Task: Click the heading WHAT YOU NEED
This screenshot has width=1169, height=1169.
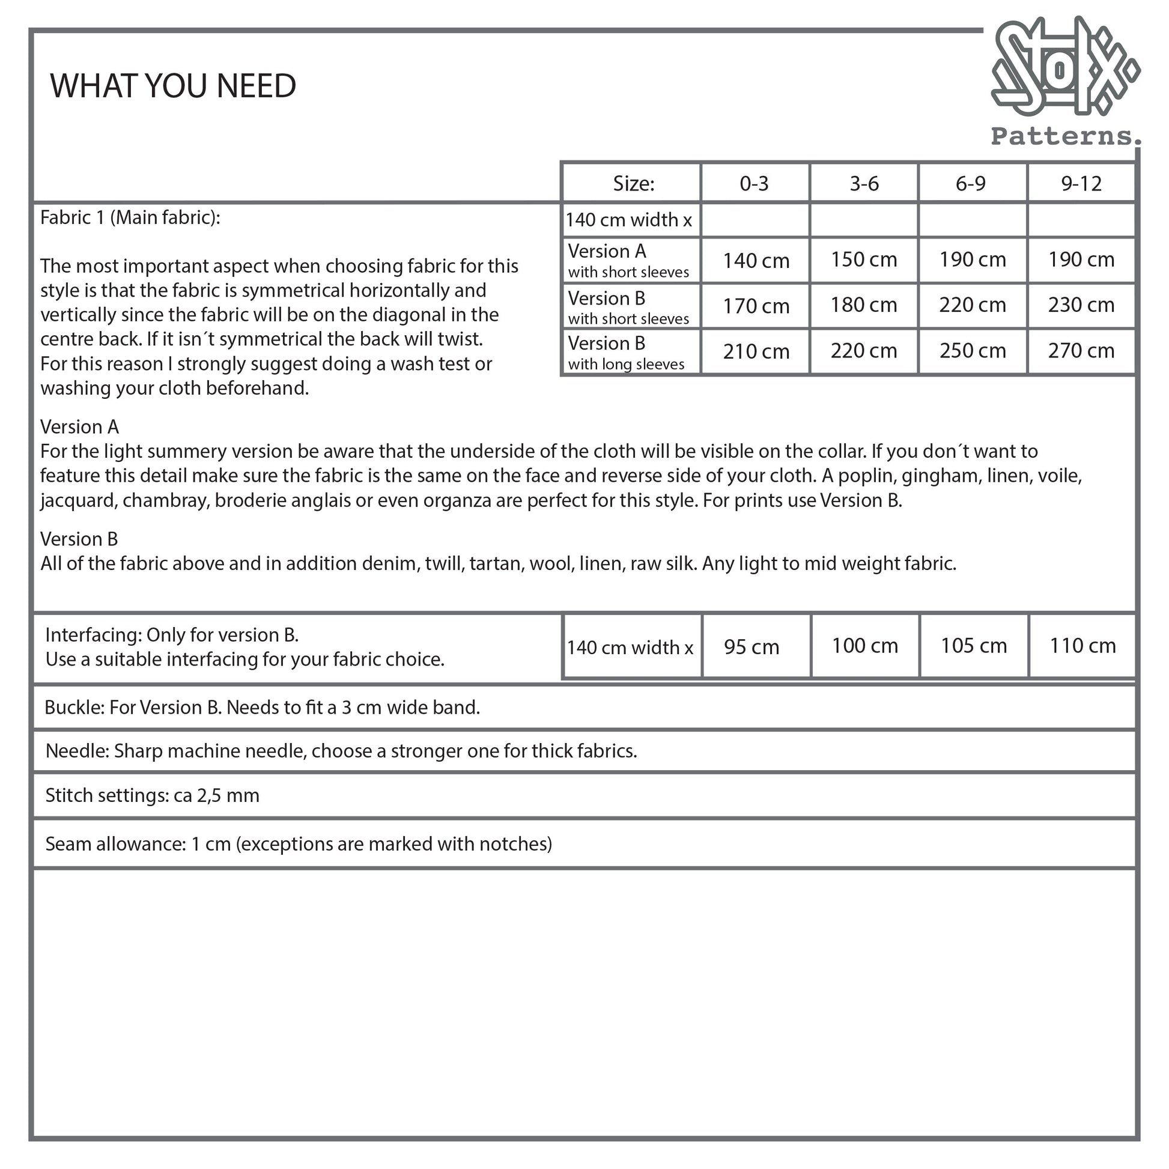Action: [x=173, y=86]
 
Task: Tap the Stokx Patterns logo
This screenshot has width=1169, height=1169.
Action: [x=1065, y=82]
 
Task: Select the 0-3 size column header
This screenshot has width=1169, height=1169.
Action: [x=754, y=183]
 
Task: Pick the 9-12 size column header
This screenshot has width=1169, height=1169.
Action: [x=1081, y=183]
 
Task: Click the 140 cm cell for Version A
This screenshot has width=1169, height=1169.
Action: [x=756, y=261]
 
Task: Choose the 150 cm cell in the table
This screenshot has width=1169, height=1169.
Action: [x=863, y=260]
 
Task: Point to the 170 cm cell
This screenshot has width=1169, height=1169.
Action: [x=756, y=306]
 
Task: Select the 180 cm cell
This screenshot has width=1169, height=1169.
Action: [x=863, y=305]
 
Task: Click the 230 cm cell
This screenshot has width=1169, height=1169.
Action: [x=1081, y=305]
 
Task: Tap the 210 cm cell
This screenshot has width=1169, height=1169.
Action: [x=756, y=351]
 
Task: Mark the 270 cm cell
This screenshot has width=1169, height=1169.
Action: [x=1081, y=351]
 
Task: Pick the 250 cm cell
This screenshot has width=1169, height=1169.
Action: [x=973, y=351]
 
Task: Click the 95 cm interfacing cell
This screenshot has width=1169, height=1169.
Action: [x=751, y=647]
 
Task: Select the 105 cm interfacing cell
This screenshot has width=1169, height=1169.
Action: [x=974, y=646]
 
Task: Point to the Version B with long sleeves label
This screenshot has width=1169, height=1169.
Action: [x=626, y=352]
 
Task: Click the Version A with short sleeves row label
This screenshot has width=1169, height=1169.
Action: [x=628, y=261]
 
